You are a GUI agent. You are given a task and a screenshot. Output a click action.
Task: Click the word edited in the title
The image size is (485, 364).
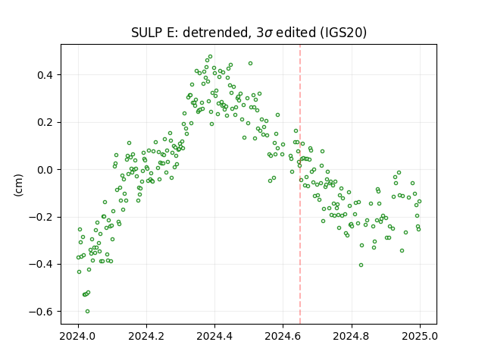(296, 33)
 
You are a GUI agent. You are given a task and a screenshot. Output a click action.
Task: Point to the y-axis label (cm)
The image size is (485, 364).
(18, 185)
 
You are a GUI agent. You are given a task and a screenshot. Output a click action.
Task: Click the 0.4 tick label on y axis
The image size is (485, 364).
(45, 75)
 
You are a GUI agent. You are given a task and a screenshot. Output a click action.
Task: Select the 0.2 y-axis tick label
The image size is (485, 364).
(45, 122)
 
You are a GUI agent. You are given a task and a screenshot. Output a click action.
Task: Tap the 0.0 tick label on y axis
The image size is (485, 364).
(45, 170)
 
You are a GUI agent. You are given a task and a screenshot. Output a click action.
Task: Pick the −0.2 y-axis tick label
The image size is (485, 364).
(42, 217)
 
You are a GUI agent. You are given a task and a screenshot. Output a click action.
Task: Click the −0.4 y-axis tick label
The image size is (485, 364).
(42, 265)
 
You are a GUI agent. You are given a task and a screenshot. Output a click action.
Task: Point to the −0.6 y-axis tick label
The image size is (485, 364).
(42, 312)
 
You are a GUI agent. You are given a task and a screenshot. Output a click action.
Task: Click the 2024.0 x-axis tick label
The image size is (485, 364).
(79, 336)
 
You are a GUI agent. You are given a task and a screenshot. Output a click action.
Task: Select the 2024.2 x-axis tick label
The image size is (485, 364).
(146, 336)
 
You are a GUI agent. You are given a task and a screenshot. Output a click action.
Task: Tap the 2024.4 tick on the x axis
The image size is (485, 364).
(215, 336)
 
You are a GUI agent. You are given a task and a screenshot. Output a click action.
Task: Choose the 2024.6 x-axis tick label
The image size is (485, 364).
(283, 336)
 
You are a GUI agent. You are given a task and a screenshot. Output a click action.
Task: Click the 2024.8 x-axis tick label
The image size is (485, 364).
(352, 336)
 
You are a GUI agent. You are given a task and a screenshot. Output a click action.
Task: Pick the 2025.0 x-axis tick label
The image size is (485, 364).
(420, 336)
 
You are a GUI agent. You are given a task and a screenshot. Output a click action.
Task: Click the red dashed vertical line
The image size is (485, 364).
(300, 184)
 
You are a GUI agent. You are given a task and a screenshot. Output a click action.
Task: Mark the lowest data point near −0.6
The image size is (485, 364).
(88, 312)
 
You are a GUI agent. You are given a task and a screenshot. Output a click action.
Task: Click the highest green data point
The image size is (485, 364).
(211, 57)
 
